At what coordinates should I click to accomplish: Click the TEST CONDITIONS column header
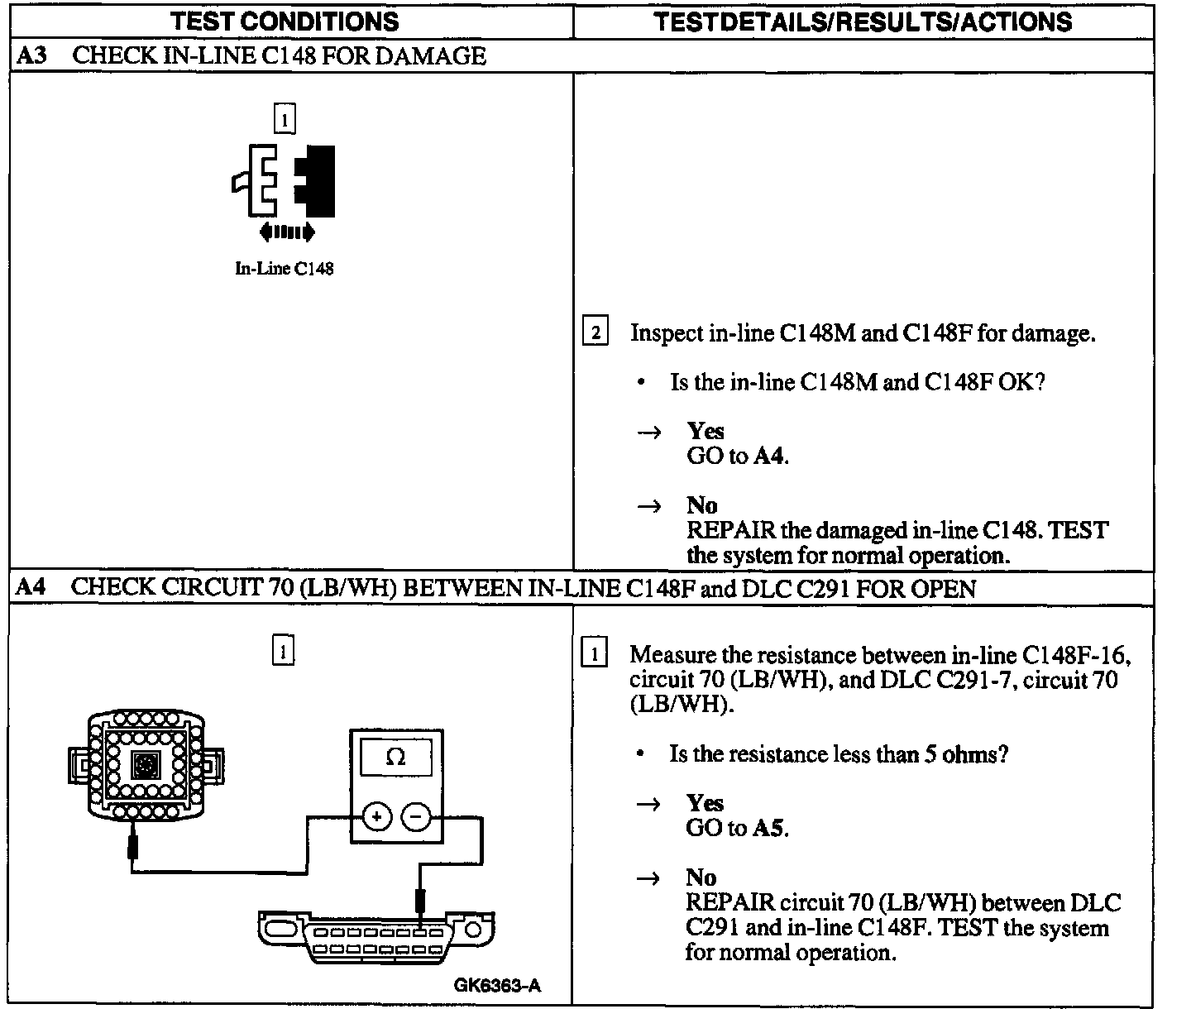pyautogui.click(x=285, y=22)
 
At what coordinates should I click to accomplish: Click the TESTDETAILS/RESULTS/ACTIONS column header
pyautogui.click(x=863, y=22)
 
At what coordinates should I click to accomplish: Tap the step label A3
pyautogui.click(x=32, y=55)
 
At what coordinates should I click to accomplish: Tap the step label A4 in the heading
pyautogui.click(x=31, y=588)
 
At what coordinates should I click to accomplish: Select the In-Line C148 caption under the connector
pyautogui.click(x=284, y=269)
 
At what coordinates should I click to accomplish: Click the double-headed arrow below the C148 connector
pyautogui.click(x=286, y=232)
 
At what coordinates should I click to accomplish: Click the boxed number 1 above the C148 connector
pyautogui.click(x=284, y=120)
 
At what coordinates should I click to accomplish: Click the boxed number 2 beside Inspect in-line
pyautogui.click(x=595, y=333)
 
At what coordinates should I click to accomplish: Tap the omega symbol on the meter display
pyautogui.click(x=395, y=758)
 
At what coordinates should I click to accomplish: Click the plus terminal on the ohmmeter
pyautogui.click(x=376, y=818)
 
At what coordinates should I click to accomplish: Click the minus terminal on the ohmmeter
pyautogui.click(x=416, y=818)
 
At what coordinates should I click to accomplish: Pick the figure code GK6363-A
pyautogui.click(x=497, y=985)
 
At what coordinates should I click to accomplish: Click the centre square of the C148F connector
pyautogui.click(x=146, y=766)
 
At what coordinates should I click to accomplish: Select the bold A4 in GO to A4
pyautogui.click(x=768, y=456)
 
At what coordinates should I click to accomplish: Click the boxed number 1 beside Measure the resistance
pyautogui.click(x=595, y=655)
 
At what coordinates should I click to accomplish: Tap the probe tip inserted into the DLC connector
pyautogui.click(x=421, y=901)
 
